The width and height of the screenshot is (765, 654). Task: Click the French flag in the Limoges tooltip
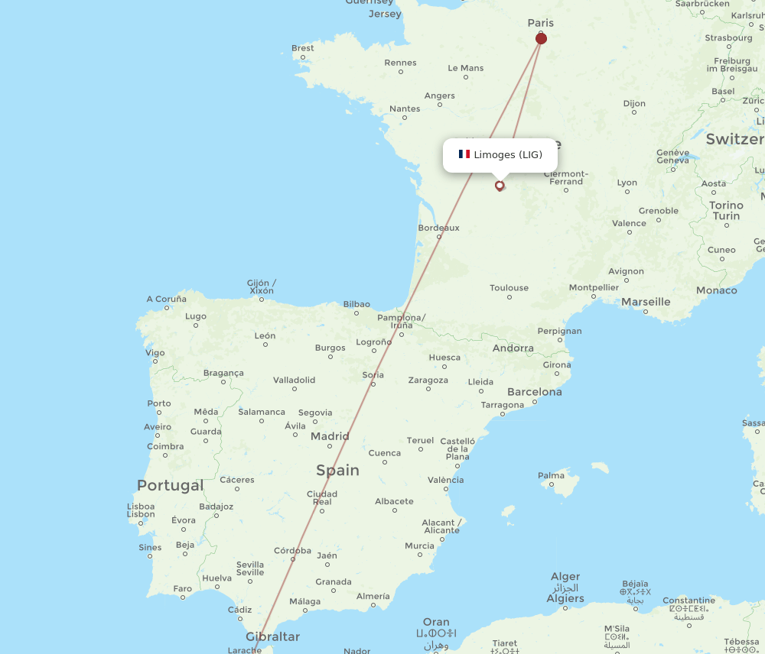[x=464, y=154]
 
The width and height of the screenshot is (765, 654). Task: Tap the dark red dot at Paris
[x=541, y=38]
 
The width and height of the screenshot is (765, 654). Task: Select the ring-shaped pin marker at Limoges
[x=500, y=185]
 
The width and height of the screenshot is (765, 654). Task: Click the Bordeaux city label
[x=439, y=228]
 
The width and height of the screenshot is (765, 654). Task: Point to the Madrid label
[x=330, y=436]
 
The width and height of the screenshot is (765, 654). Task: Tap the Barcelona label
[x=534, y=392]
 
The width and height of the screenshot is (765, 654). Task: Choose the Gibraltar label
[x=272, y=636]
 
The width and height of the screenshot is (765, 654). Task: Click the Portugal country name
[x=171, y=485]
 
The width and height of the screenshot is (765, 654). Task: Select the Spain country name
[x=337, y=470]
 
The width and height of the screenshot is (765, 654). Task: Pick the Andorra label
[x=513, y=348]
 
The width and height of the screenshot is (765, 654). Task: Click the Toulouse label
[x=509, y=288]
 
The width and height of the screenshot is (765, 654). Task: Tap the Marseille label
[x=646, y=302]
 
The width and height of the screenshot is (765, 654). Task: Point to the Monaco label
[x=717, y=290]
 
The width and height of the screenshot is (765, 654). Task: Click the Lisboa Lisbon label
[x=141, y=510]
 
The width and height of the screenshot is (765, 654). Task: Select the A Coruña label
[x=166, y=299]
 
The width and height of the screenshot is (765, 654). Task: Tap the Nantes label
[x=405, y=108]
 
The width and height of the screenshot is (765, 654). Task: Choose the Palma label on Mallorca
[x=551, y=475]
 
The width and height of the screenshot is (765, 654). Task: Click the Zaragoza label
[x=428, y=380]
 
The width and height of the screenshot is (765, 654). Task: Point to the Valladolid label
[x=294, y=380]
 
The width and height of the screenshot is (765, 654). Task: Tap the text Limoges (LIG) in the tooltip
[x=508, y=154]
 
